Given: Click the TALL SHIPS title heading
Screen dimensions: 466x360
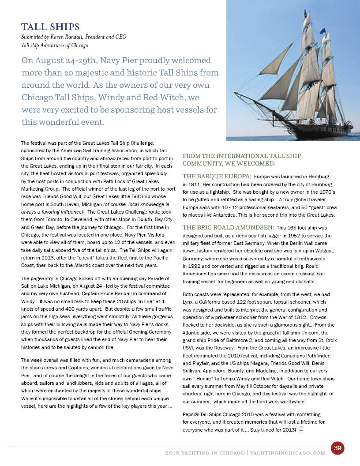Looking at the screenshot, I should [50, 26].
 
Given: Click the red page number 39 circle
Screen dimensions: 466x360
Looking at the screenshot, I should [337, 448].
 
